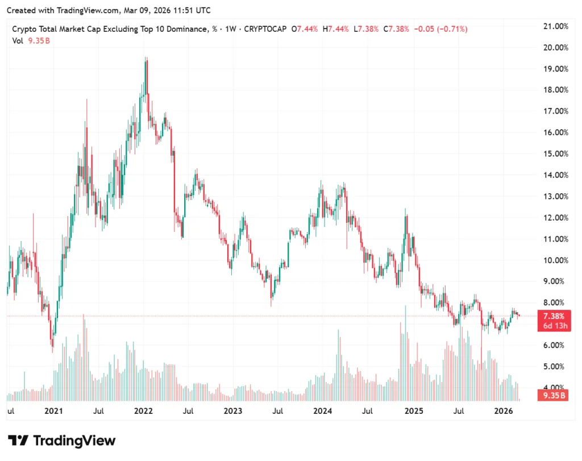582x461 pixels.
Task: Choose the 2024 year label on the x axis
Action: point(323,410)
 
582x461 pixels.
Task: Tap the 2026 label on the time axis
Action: point(504,410)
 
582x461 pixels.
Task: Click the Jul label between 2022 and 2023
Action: point(188,410)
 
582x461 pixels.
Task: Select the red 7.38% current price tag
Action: point(554,317)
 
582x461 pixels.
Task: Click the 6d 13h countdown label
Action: point(554,326)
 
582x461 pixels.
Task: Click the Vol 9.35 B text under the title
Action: point(31,40)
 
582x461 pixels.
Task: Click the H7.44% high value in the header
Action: point(336,29)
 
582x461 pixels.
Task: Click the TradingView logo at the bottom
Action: point(62,441)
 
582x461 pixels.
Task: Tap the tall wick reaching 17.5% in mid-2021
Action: point(87,101)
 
